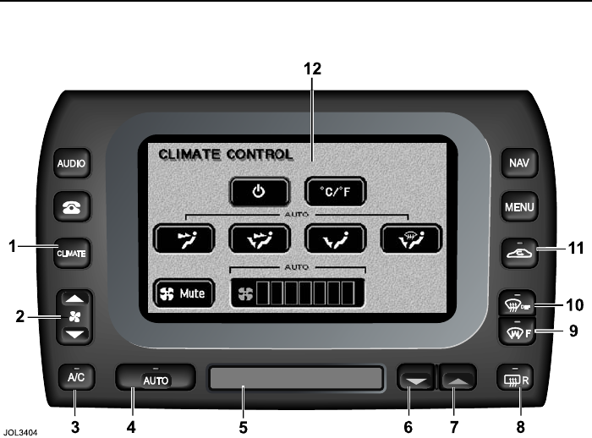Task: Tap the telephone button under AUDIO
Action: [x=73, y=205]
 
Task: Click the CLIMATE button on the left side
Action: [x=73, y=252]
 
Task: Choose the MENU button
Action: [x=518, y=206]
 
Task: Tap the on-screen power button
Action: [x=259, y=192]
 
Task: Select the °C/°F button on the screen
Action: [x=336, y=192]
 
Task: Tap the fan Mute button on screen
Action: [x=184, y=294]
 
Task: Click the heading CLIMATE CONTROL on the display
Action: [x=225, y=156]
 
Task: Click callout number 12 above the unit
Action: [x=313, y=69]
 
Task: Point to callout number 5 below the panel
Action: [x=243, y=427]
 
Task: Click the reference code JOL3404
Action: [x=23, y=429]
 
